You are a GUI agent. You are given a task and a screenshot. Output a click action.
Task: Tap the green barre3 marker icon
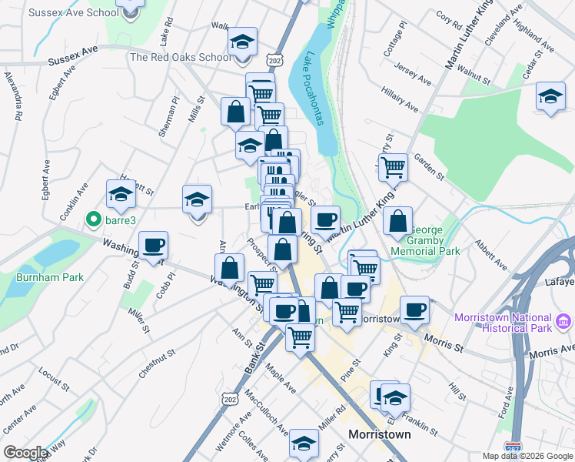(x=95, y=219)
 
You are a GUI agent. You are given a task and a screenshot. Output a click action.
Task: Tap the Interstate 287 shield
(x=514, y=447)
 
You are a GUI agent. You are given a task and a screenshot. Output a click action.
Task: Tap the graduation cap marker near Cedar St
(x=550, y=96)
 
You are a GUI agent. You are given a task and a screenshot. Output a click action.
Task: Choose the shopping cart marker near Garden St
(x=394, y=166)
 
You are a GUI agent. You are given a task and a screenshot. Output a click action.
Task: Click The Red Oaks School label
(x=180, y=57)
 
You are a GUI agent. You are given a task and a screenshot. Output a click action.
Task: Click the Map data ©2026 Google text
(x=527, y=456)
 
